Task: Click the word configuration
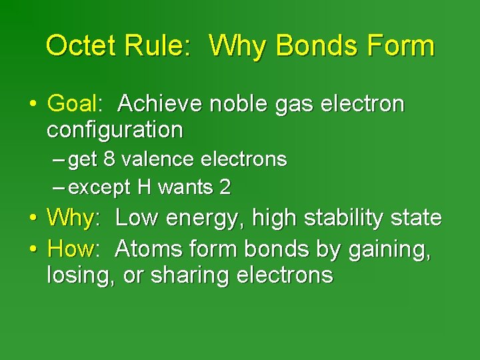[x=114, y=129]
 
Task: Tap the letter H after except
[x=144, y=188]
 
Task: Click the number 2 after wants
[x=225, y=188]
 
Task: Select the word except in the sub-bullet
[x=100, y=189]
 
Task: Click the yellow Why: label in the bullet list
[x=73, y=218]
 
